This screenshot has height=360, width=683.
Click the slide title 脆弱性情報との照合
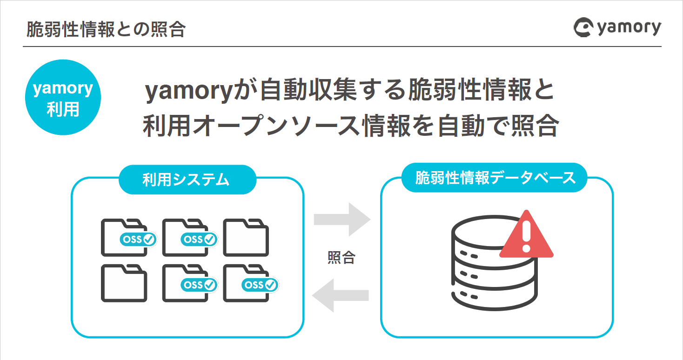click(106, 29)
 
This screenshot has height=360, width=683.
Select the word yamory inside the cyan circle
click(63, 88)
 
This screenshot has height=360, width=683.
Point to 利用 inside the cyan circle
click(63, 110)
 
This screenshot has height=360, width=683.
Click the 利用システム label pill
click(187, 180)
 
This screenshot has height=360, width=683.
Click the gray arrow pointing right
click(342, 219)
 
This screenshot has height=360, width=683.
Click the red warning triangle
click(526, 237)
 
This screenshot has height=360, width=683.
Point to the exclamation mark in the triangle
click(526, 235)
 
